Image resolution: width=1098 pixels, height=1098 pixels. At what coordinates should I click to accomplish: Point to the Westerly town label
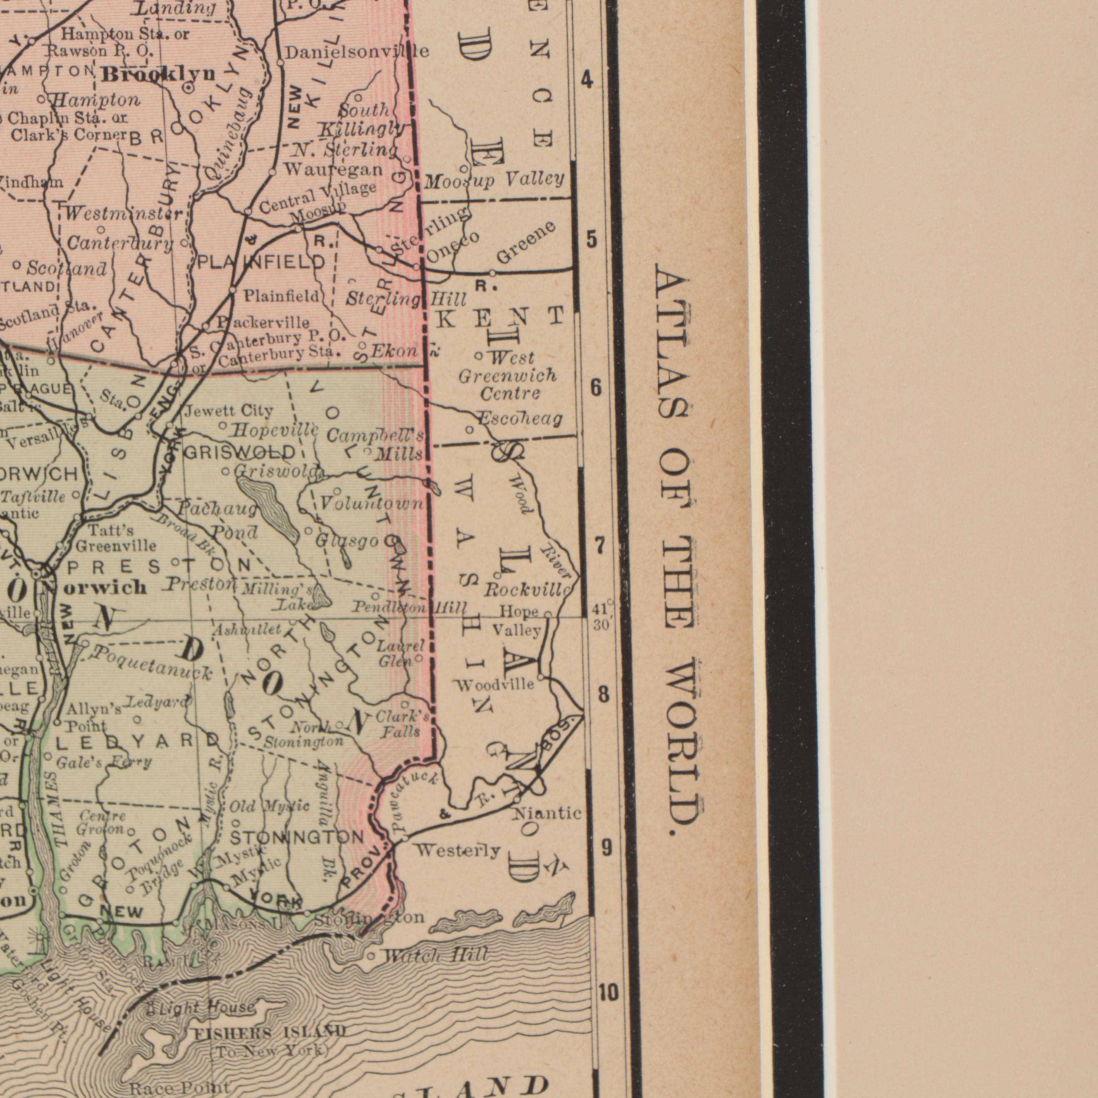pyautogui.click(x=458, y=851)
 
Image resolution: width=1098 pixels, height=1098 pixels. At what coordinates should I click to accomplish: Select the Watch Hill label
pyautogui.click(x=435, y=955)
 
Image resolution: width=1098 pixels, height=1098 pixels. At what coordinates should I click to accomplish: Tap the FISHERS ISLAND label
pyautogui.click(x=270, y=1031)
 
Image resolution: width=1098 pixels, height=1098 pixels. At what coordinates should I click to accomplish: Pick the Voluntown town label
pyautogui.click(x=372, y=504)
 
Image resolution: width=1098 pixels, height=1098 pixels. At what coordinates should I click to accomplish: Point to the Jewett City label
pyautogui.click(x=229, y=410)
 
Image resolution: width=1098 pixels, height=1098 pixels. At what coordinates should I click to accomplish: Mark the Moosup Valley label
pyautogui.click(x=494, y=181)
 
